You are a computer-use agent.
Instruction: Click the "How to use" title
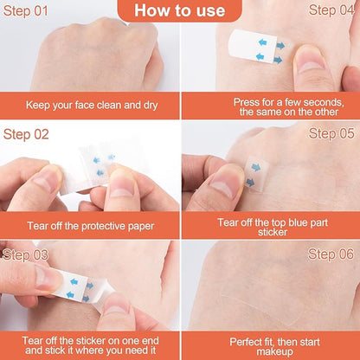click(x=179, y=10)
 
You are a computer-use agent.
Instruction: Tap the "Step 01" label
click(x=25, y=11)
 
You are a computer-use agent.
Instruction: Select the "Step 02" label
click(x=26, y=134)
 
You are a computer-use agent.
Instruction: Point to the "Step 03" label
click(x=25, y=255)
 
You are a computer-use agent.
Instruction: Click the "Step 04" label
click(x=331, y=10)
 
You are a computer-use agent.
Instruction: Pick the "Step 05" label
click(x=331, y=133)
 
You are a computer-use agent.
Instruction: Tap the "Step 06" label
click(x=331, y=254)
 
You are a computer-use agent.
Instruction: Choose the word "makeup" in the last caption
click(x=274, y=352)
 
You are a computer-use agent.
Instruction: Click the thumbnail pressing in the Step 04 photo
click(x=310, y=63)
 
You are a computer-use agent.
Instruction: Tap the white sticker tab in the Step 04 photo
click(x=253, y=46)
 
